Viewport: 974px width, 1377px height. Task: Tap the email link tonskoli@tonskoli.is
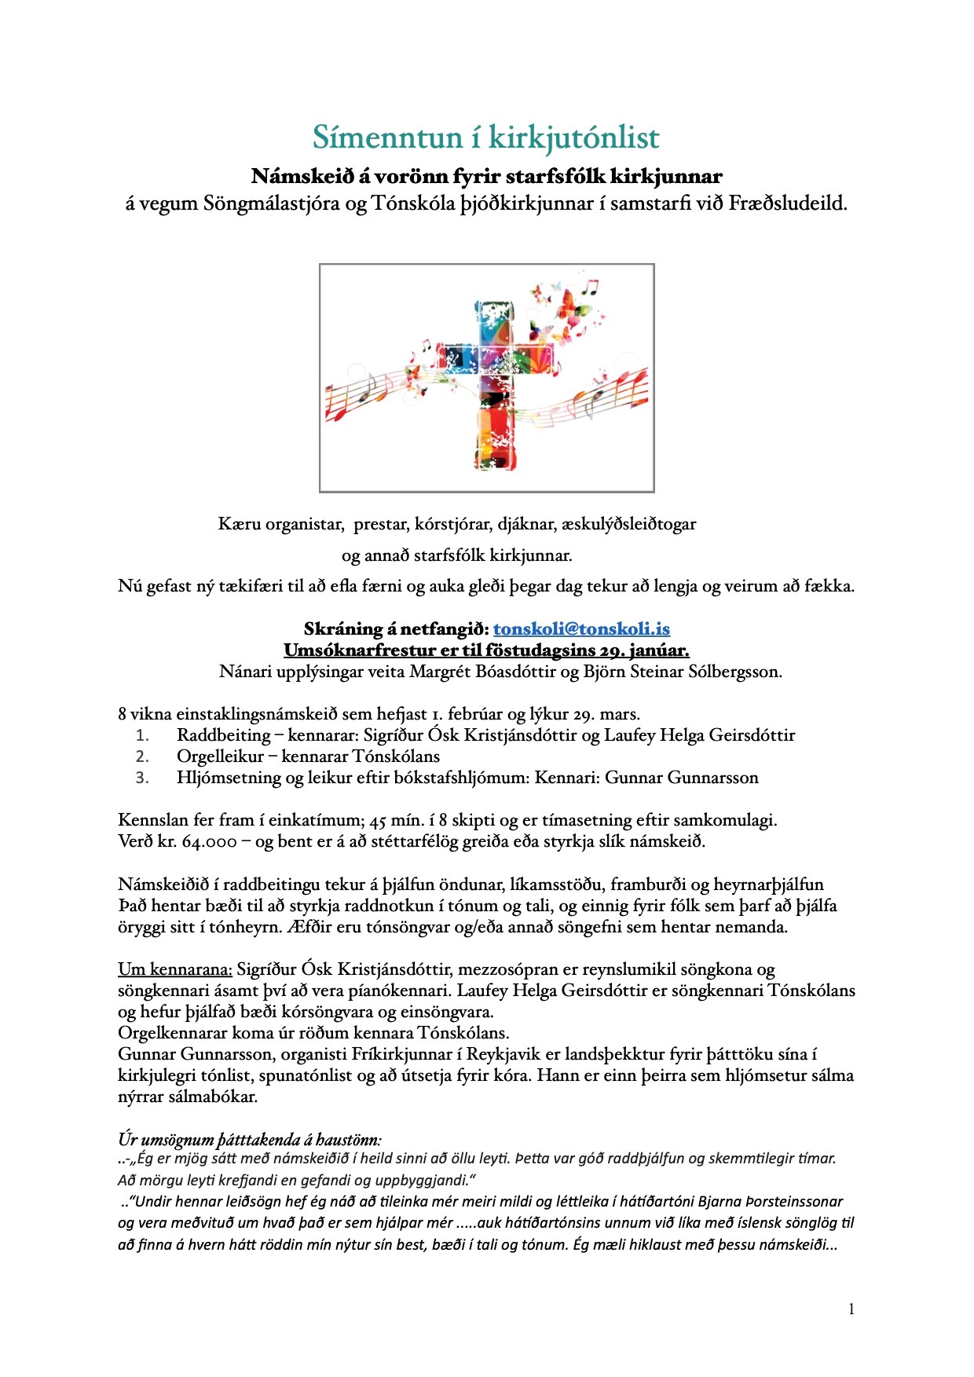coord(581,629)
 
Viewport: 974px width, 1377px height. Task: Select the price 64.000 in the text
coord(209,841)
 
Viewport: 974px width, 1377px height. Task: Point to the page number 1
coord(851,1309)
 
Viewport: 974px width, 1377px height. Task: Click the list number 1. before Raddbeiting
coord(142,736)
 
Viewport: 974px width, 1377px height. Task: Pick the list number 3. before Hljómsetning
coord(142,778)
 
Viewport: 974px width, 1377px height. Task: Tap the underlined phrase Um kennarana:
coord(175,969)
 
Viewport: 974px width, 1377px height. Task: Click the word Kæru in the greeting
coord(239,524)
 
